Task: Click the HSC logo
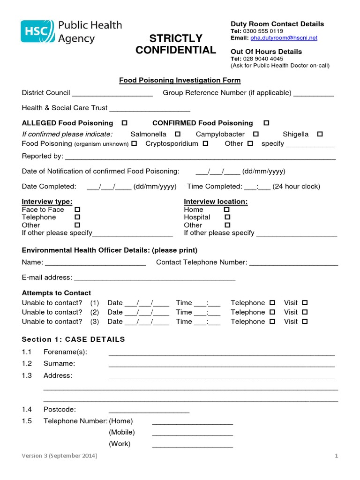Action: point(37,31)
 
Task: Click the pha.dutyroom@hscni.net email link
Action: point(284,38)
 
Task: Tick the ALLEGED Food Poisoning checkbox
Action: point(125,123)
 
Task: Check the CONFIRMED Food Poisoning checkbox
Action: point(266,123)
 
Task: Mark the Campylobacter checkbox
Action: point(256,134)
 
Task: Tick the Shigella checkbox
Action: point(320,134)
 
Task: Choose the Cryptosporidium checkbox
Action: point(205,143)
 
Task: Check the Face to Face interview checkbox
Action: point(77,210)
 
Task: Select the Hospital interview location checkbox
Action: point(227,217)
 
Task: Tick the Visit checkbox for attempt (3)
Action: point(305,322)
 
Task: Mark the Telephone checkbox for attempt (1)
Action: point(272,303)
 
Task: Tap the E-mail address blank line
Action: point(155,278)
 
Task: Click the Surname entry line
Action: point(221,364)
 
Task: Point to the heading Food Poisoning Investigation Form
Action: point(180,80)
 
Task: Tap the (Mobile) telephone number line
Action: point(192,433)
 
